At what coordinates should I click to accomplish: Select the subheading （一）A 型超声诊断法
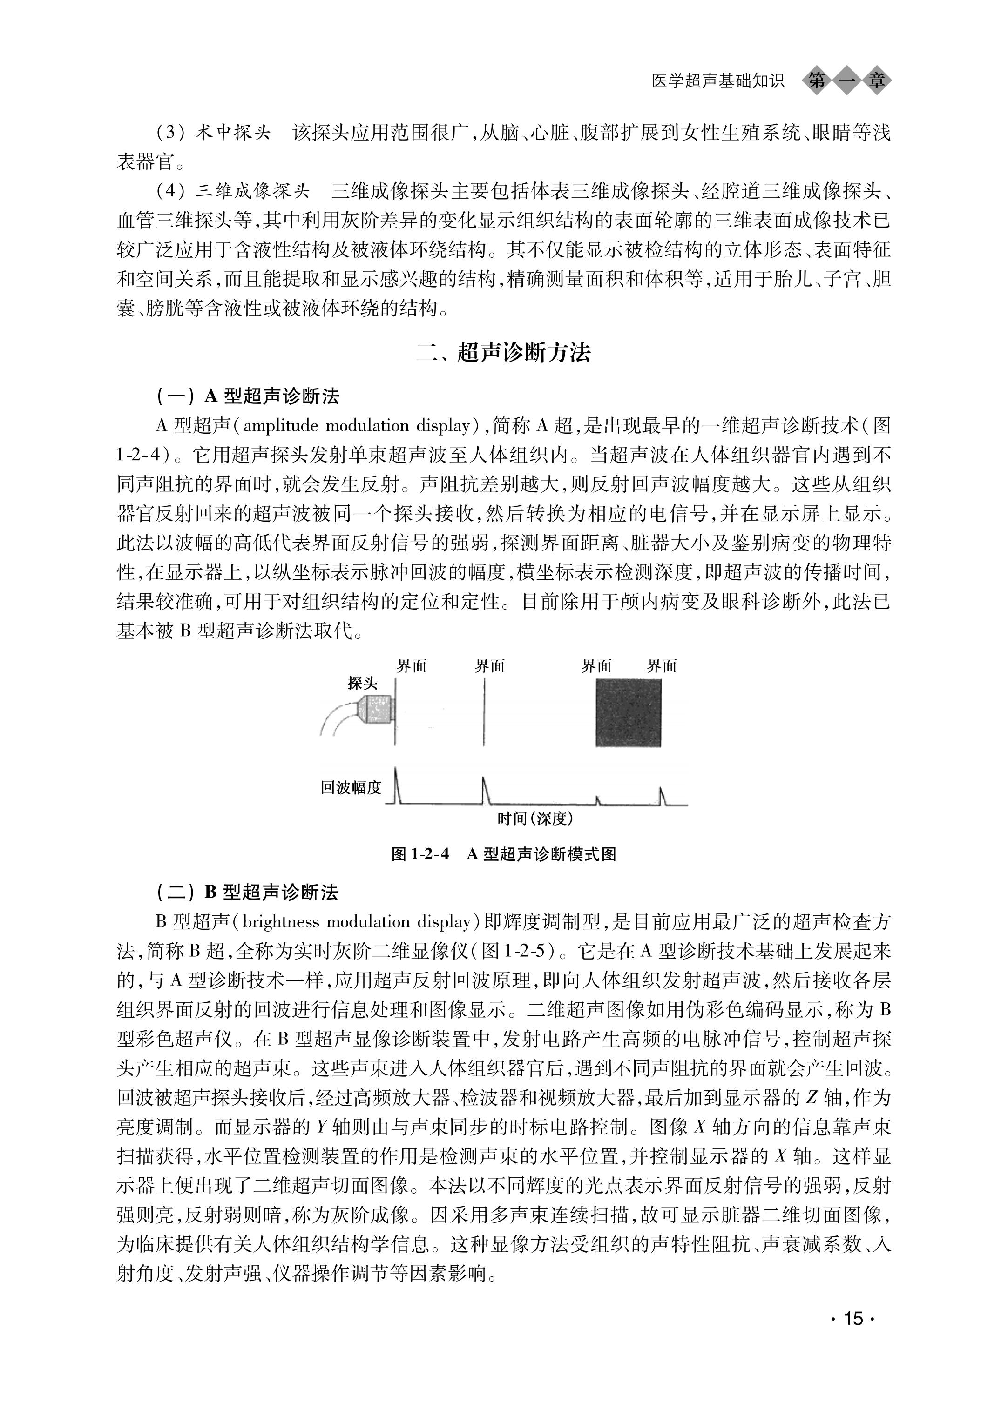point(248,396)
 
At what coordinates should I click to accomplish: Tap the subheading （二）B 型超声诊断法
point(248,892)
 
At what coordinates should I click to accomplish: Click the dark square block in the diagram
point(628,713)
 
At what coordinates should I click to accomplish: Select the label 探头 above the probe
point(362,683)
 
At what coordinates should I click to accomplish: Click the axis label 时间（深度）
point(535,819)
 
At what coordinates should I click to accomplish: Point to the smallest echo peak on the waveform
point(598,800)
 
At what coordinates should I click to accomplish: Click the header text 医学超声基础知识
point(718,81)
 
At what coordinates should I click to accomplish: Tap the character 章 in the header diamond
point(877,81)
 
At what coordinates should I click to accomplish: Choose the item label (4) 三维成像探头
point(232,191)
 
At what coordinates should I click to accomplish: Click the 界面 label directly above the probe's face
point(412,666)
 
